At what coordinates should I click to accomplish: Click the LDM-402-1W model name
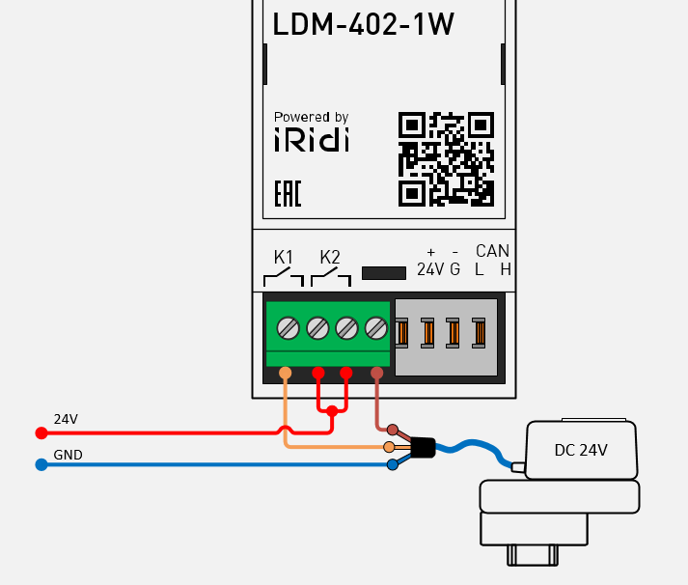point(364,26)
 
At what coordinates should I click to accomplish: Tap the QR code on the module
point(446,158)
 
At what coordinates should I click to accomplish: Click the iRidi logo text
point(311,139)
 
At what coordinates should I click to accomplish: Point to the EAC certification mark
point(288,193)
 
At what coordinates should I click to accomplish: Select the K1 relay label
point(283,258)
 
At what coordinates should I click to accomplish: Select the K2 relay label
point(330,258)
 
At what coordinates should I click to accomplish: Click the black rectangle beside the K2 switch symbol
point(383,273)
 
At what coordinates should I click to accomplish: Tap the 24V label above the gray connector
point(430,268)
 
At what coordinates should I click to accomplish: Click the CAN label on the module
point(492,251)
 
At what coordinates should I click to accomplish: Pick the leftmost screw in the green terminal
point(288,328)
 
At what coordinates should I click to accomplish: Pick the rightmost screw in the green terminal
point(376,328)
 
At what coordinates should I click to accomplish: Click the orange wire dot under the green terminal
point(285,373)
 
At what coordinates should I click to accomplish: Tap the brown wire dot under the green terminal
point(376,373)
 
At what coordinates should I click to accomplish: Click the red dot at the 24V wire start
point(41,432)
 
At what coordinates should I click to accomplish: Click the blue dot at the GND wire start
point(41,464)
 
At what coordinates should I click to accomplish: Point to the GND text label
point(68,454)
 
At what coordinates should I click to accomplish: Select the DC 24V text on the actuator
point(582,450)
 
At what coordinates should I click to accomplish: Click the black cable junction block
point(422,447)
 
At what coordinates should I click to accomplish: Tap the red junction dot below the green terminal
point(332,412)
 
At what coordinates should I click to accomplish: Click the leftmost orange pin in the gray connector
point(403,332)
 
